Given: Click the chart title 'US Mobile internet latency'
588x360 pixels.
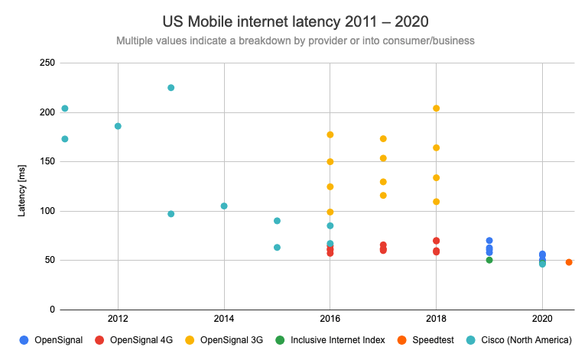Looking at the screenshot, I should click(x=293, y=20).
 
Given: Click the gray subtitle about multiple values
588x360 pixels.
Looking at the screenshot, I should click(x=293, y=40).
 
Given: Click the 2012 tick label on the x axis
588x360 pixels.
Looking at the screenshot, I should click(x=118, y=318).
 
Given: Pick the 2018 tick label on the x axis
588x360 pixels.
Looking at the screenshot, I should click(x=436, y=318).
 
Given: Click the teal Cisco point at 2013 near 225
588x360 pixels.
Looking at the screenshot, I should click(x=171, y=88).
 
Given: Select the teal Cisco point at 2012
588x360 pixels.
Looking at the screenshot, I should click(x=118, y=126).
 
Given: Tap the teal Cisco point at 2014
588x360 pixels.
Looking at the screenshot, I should click(x=224, y=206).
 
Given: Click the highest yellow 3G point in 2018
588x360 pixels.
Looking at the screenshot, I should click(x=436, y=109).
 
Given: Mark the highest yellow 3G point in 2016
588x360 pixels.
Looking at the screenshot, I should click(x=330, y=135).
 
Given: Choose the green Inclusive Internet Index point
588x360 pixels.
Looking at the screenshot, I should click(x=489, y=260).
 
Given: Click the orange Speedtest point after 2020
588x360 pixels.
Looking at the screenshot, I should click(x=569, y=262).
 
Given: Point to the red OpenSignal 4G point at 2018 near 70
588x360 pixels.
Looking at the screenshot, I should click(x=436, y=241).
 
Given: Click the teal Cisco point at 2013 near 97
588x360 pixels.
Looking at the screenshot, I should click(x=171, y=214).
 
